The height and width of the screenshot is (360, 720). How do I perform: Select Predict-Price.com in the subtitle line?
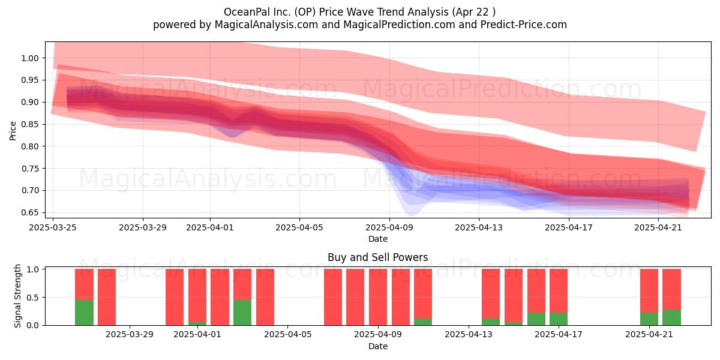click(524, 25)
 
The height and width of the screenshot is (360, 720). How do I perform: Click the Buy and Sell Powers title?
click(377, 257)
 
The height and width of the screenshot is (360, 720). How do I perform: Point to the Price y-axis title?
click(13, 131)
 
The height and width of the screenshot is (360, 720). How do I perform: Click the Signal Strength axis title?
click(17, 296)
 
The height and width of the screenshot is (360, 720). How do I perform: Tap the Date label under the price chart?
click(377, 239)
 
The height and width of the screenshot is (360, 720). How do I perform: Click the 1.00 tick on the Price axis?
click(30, 58)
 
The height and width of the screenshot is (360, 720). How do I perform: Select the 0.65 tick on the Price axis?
click(30, 213)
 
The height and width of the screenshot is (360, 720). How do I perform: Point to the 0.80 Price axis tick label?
click(30, 146)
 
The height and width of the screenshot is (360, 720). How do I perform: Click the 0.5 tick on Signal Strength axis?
click(33, 298)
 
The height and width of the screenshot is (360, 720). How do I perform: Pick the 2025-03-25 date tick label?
click(53, 227)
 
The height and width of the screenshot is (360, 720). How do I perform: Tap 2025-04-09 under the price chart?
click(389, 227)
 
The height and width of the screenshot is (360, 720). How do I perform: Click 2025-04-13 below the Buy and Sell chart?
click(469, 335)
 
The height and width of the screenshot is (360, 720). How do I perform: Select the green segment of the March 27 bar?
click(84, 313)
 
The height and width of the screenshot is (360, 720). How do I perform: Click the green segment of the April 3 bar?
click(242, 313)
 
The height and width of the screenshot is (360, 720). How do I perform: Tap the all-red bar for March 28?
click(107, 297)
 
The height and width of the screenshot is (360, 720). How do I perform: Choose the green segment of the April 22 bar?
click(672, 317)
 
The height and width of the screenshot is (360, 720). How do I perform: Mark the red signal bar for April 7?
click(333, 297)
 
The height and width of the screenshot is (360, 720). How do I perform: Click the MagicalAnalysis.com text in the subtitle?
click(266, 25)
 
